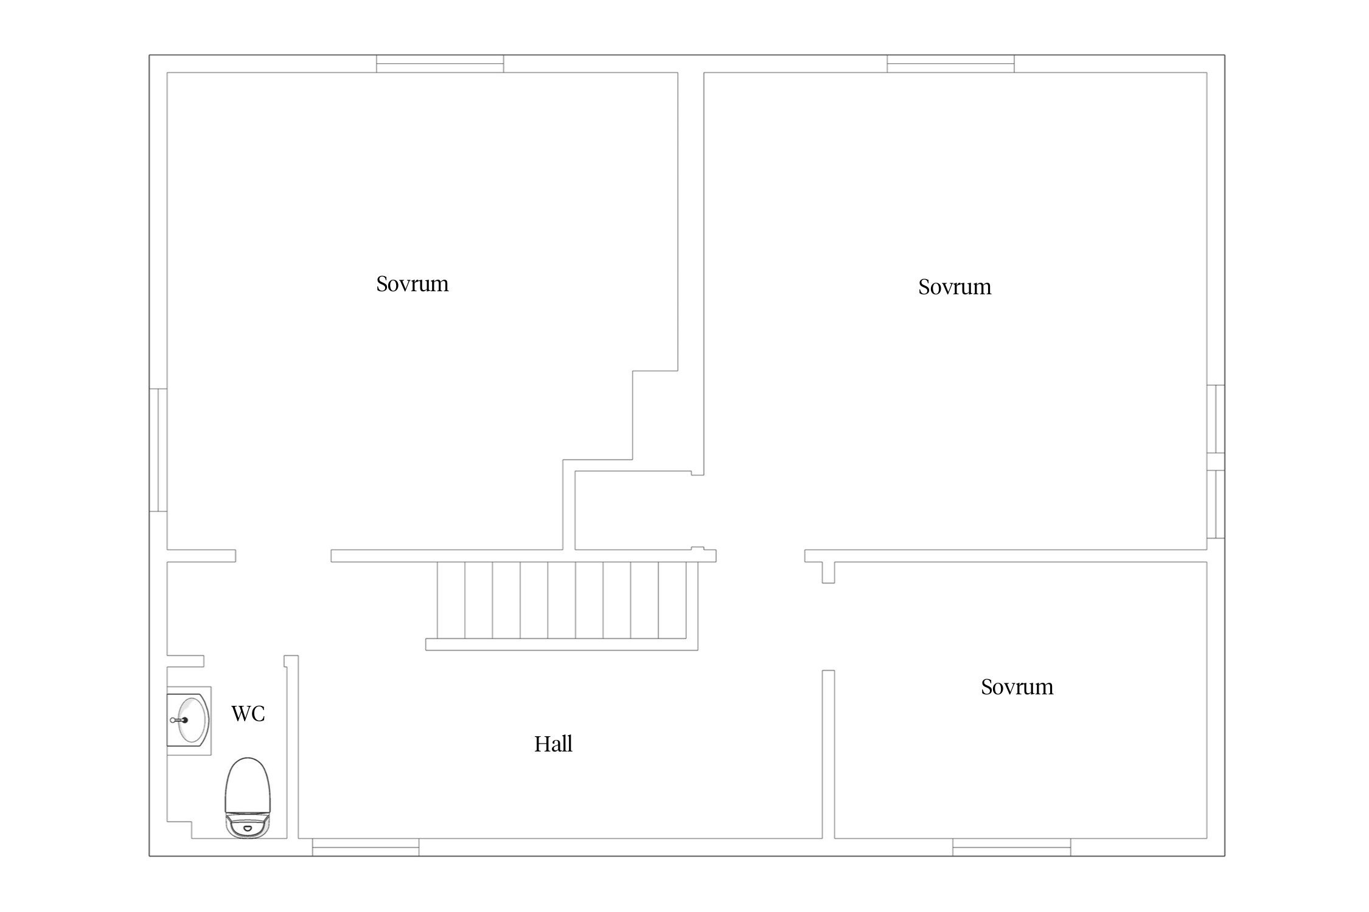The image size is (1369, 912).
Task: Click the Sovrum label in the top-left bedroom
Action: click(x=413, y=284)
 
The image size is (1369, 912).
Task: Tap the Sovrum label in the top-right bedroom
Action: click(x=955, y=287)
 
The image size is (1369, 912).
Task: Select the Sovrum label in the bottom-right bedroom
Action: click(x=1017, y=687)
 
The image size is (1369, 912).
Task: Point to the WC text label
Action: click(x=248, y=714)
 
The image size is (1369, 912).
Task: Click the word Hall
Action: click(x=553, y=744)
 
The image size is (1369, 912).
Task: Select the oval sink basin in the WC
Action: click(x=189, y=720)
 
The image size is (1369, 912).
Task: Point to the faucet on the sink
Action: click(x=179, y=720)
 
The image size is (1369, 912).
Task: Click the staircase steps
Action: click(x=562, y=600)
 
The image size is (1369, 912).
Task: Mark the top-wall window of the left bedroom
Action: click(x=440, y=64)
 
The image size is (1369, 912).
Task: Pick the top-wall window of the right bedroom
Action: click(x=950, y=64)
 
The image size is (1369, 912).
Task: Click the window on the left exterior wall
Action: click(x=158, y=450)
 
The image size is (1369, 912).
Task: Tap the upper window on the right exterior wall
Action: click(x=1216, y=419)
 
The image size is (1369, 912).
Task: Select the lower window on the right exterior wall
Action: click(x=1216, y=504)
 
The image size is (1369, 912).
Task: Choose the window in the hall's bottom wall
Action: click(x=366, y=847)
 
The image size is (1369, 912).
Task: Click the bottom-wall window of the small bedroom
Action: click(x=1011, y=847)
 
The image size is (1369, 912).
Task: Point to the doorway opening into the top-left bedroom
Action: click(x=284, y=556)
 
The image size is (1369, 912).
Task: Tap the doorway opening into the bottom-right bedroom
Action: click(x=828, y=627)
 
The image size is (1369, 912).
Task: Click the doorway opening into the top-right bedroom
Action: click(x=761, y=556)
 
